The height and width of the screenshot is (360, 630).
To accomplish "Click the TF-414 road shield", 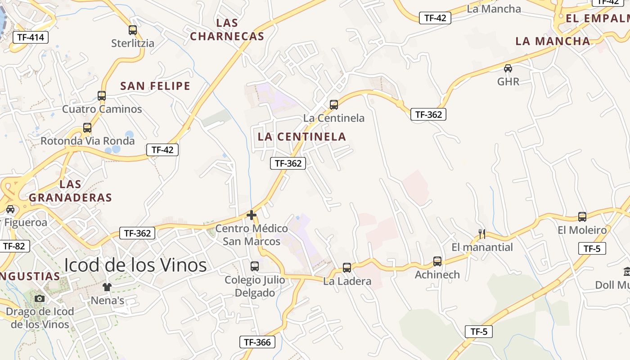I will pyautogui.click(x=31, y=37).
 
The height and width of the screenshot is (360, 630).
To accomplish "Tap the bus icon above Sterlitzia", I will pyautogui.click(x=132, y=30).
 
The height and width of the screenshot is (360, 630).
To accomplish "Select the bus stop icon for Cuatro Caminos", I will pyautogui.click(x=102, y=95).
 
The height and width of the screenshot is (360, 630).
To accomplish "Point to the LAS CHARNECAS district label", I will pyautogui.click(x=227, y=30).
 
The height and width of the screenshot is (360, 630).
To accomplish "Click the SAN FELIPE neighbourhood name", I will pyautogui.click(x=155, y=86).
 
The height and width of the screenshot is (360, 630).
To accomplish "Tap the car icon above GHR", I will pyautogui.click(x=508, y=68).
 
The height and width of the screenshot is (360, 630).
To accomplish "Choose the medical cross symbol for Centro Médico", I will pyautogui.click(x=252, y=215).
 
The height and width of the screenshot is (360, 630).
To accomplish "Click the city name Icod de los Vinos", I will pyautogui.click(x=135, y=265).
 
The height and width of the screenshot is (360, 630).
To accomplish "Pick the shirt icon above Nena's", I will pyautogui.click(x=107, y=287).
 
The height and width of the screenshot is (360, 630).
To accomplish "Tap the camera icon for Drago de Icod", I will pyautogui.click(x=40, y=298).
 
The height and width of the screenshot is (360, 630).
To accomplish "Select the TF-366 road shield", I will pyautogui.click(x=257, y=342).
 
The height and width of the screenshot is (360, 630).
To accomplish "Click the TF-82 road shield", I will pyautogui.click(x=14, y=246).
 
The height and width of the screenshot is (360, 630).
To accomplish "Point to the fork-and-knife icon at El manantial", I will pyautogui.click(x=482, y=234).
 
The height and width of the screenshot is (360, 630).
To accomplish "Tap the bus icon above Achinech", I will pyautogui.click(x=437, y=261).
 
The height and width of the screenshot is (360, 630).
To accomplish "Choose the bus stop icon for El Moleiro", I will pyautogui.click(x=582, y=217).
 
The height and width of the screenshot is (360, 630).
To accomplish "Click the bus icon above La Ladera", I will pyautogui.click(x=346, y=268).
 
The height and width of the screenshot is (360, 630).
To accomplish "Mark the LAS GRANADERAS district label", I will pyautogui.click(x=70, y=191).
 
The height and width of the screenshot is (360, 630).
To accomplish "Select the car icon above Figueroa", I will pyautogui.click(x=10, y=209).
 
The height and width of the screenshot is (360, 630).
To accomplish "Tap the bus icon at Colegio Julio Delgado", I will pyautogui.click(x=255, y=266).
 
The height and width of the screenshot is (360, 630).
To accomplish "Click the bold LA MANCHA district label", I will pyautogui.click(x=553, y=41).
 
